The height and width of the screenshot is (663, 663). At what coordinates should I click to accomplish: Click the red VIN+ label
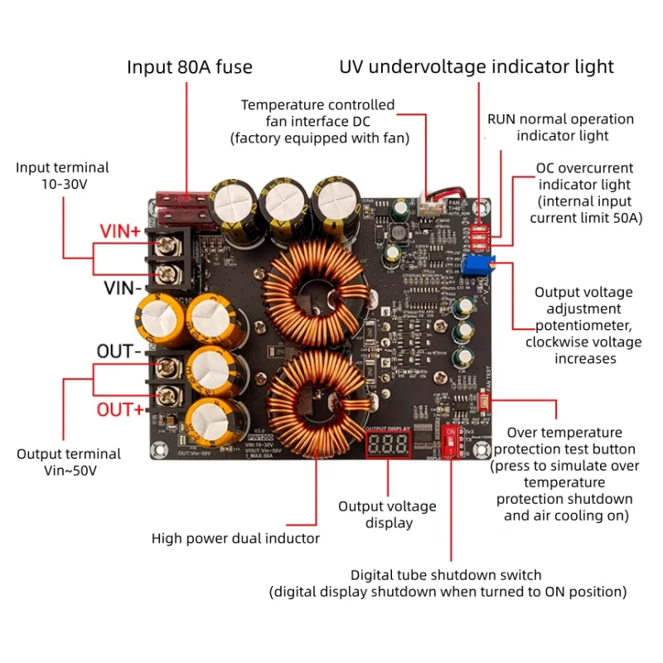click(x=120, y=231)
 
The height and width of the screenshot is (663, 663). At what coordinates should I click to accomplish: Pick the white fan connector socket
click(x=425, y=205)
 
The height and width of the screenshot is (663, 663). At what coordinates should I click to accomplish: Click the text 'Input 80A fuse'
click(x=190, y=67)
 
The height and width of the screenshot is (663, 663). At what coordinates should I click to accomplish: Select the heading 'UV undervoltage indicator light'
click(x=477, y=67)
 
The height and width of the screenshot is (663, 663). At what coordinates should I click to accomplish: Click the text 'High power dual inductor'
click(x=235, y=538)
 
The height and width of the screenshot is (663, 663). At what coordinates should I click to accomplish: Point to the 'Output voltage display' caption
click(x=387, y=514)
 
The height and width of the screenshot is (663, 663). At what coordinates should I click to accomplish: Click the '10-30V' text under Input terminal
click(x=62, y=184)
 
